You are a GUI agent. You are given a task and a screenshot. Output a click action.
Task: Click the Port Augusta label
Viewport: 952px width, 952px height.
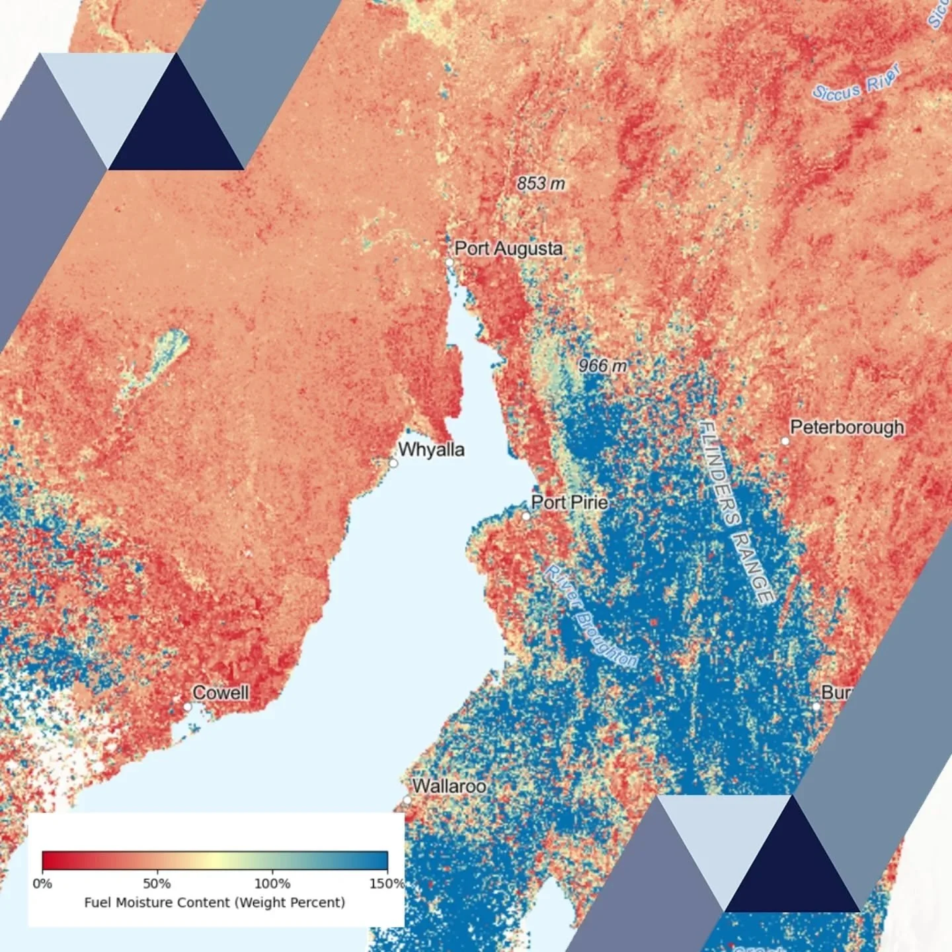click(508, 249)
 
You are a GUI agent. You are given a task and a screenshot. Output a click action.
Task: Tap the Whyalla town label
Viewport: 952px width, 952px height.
click(431, 450)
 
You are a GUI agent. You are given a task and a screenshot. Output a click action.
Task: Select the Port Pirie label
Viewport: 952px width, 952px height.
click(569, 502)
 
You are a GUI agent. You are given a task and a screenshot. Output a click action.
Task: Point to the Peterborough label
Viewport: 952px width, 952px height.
click(847, 427)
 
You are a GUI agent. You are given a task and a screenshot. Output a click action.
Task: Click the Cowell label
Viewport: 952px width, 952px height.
click(221, 693)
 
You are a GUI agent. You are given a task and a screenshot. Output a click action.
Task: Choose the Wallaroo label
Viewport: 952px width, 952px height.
click(450, 786)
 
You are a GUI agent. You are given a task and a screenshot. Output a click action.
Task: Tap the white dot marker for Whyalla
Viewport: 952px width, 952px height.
click(393, 463)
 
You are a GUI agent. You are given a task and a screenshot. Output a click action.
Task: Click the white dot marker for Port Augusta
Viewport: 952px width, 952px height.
click(450, 262)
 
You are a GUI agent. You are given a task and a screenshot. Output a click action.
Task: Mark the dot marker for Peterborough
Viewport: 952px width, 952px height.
click(785, 441)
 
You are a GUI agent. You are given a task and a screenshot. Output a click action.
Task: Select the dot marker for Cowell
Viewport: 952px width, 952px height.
click(187, 707)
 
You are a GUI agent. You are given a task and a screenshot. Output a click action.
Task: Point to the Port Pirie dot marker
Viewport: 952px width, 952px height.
click(526, 516)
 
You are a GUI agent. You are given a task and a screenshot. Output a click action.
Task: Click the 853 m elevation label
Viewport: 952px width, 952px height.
click(541, 183)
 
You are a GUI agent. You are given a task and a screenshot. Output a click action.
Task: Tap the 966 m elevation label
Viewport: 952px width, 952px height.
click(602, 365)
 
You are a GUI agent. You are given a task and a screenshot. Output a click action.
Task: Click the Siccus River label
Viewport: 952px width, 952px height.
click(857, 83)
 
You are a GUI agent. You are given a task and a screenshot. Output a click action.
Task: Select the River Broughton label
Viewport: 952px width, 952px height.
click(590, 616)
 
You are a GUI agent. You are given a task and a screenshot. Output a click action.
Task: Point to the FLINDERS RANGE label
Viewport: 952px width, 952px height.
click(736, 512)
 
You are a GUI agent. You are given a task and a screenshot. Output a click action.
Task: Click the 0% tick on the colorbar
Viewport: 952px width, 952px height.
click(42, 883)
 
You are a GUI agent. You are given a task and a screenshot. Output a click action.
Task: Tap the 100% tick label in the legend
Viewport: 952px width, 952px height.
click(272, 883)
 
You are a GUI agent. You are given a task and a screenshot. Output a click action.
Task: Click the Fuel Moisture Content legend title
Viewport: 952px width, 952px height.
click(215, 902)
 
